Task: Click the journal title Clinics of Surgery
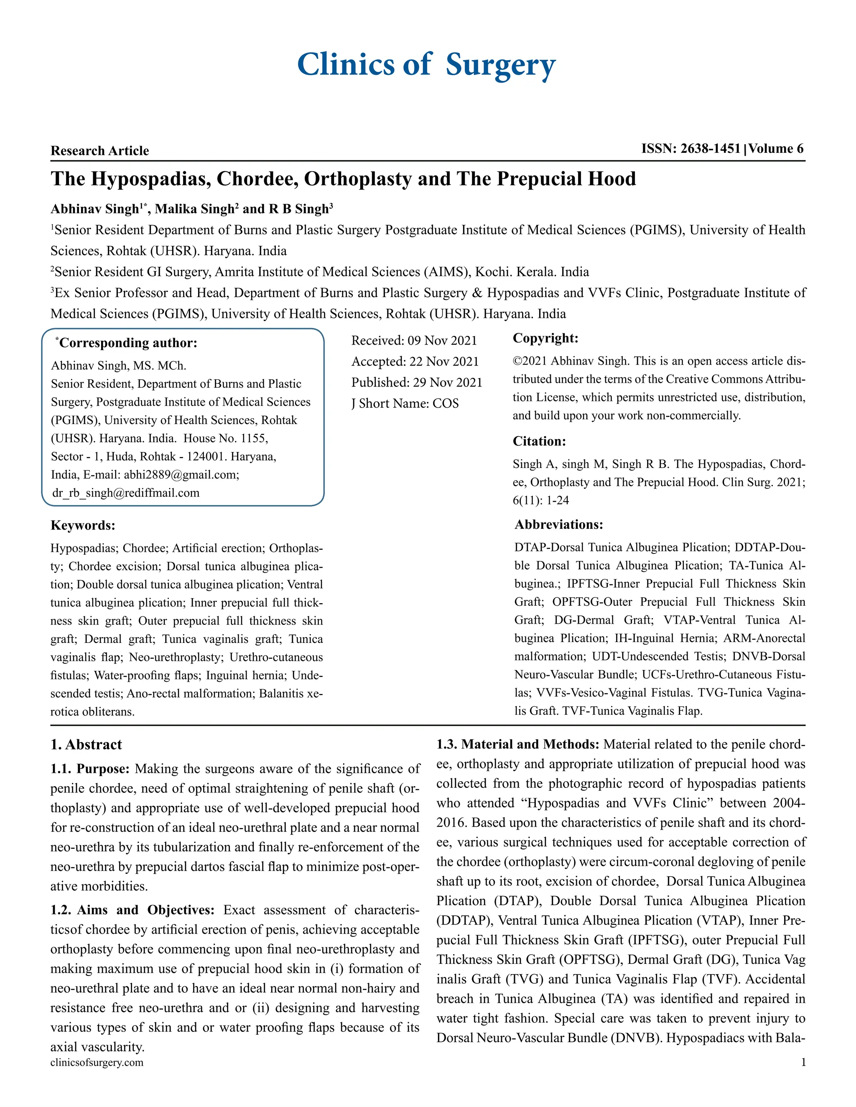click(426, 65)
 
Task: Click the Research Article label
click(100, 150)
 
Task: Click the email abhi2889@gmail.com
click(181, 475)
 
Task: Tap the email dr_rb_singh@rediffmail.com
click(126, 493)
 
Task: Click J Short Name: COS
click(405, 404)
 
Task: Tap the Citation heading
click(539, 441)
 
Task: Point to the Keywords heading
click(83, 525)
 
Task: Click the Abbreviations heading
click(559, 524)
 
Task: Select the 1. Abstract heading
click(86, 744)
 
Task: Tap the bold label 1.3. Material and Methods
click(518, 744)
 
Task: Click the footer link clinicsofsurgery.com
click(97, 1062)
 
